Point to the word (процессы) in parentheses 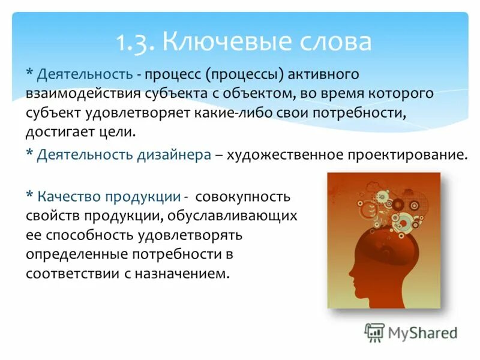pos(245,75)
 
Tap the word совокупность pos(243,197)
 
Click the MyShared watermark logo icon pos(374,332)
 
